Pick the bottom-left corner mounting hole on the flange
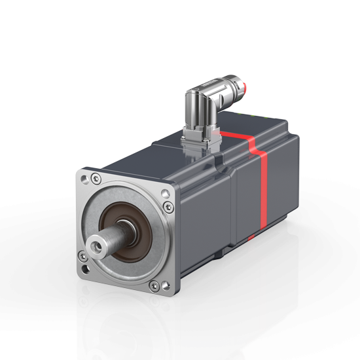click(x=86, y=269)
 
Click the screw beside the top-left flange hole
click(x=97, y=177)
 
